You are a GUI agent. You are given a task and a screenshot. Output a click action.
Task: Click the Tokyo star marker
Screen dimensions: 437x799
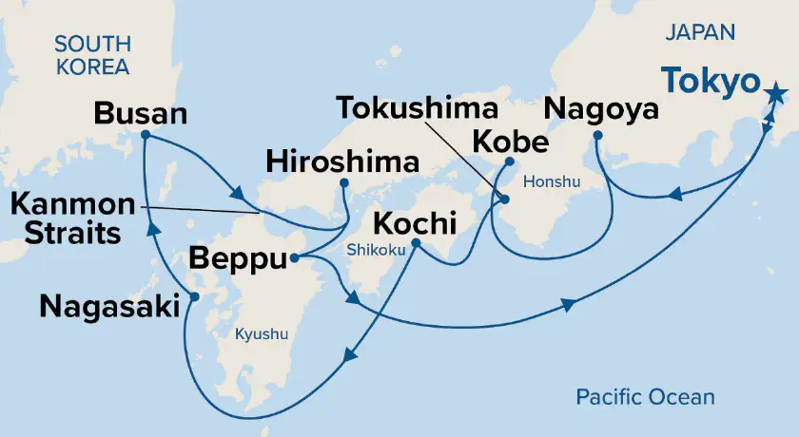775,93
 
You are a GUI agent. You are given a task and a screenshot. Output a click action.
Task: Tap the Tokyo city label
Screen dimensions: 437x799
710,84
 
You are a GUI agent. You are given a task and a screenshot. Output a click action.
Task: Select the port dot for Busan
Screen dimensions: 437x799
145,135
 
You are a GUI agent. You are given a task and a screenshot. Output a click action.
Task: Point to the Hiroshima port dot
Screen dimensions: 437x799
343,182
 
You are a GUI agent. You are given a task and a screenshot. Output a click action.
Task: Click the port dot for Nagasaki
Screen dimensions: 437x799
193,297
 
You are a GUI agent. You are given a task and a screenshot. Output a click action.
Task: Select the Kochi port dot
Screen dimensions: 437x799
416,241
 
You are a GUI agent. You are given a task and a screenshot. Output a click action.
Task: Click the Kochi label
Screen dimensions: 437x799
415,222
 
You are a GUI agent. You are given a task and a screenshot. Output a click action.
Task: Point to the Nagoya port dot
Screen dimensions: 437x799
596,136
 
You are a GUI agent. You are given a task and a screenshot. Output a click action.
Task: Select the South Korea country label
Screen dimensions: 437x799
91,54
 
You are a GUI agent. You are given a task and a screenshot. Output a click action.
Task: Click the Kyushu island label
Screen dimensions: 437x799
261,334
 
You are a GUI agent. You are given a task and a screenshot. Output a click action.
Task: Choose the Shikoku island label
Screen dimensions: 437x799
378,249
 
